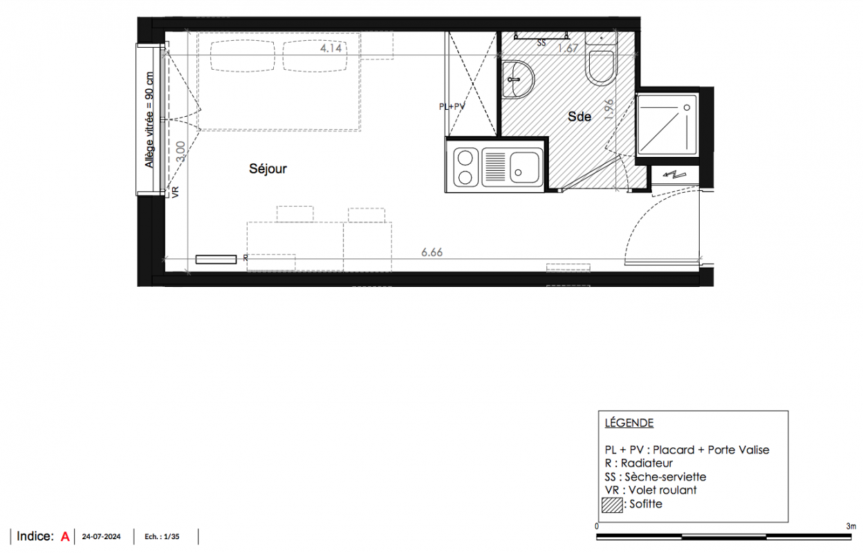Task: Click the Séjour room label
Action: [x=268, y=169]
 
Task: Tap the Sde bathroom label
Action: [x=579, y=116]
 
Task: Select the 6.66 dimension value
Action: [x=432, y=252]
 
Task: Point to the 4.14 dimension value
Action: [x=331, y=48]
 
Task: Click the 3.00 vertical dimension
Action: [x=180, y=151]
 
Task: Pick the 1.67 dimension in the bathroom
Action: [x=568, y=48]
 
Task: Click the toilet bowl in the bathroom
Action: [x=601, y=68]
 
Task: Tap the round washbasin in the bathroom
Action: [x=518, y=79]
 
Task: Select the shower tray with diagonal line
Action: [x=667, y=125]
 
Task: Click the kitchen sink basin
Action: [x=525, y=167]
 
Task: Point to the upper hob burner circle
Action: [x=465, y=158]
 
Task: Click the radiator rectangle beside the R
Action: [x=216, y=259]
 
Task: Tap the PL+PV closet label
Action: [x=452, y=106]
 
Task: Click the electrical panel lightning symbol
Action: [x=674, y=175]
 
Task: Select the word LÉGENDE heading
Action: [x=629, y=423]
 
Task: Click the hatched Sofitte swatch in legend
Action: [x=612, y=505]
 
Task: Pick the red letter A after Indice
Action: [x=65, y=536]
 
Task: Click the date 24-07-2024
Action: [x=102, y=537]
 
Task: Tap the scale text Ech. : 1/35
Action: [x=162, y=537]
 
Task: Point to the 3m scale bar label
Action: [x=851, y=527]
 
